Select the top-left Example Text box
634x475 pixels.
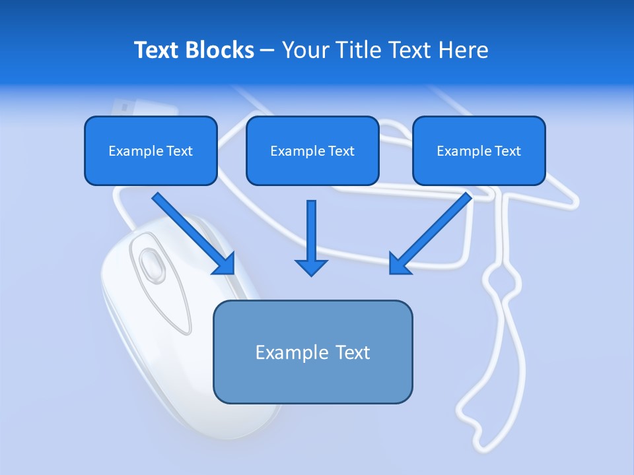(151, 150)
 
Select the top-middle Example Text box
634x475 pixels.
(312, 150)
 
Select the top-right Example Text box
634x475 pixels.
(479, 150)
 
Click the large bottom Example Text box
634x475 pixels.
(312, 352)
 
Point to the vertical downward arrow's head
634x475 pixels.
(311, 267)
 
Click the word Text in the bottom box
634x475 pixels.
(353, 352)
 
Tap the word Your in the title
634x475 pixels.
(303, 50)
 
